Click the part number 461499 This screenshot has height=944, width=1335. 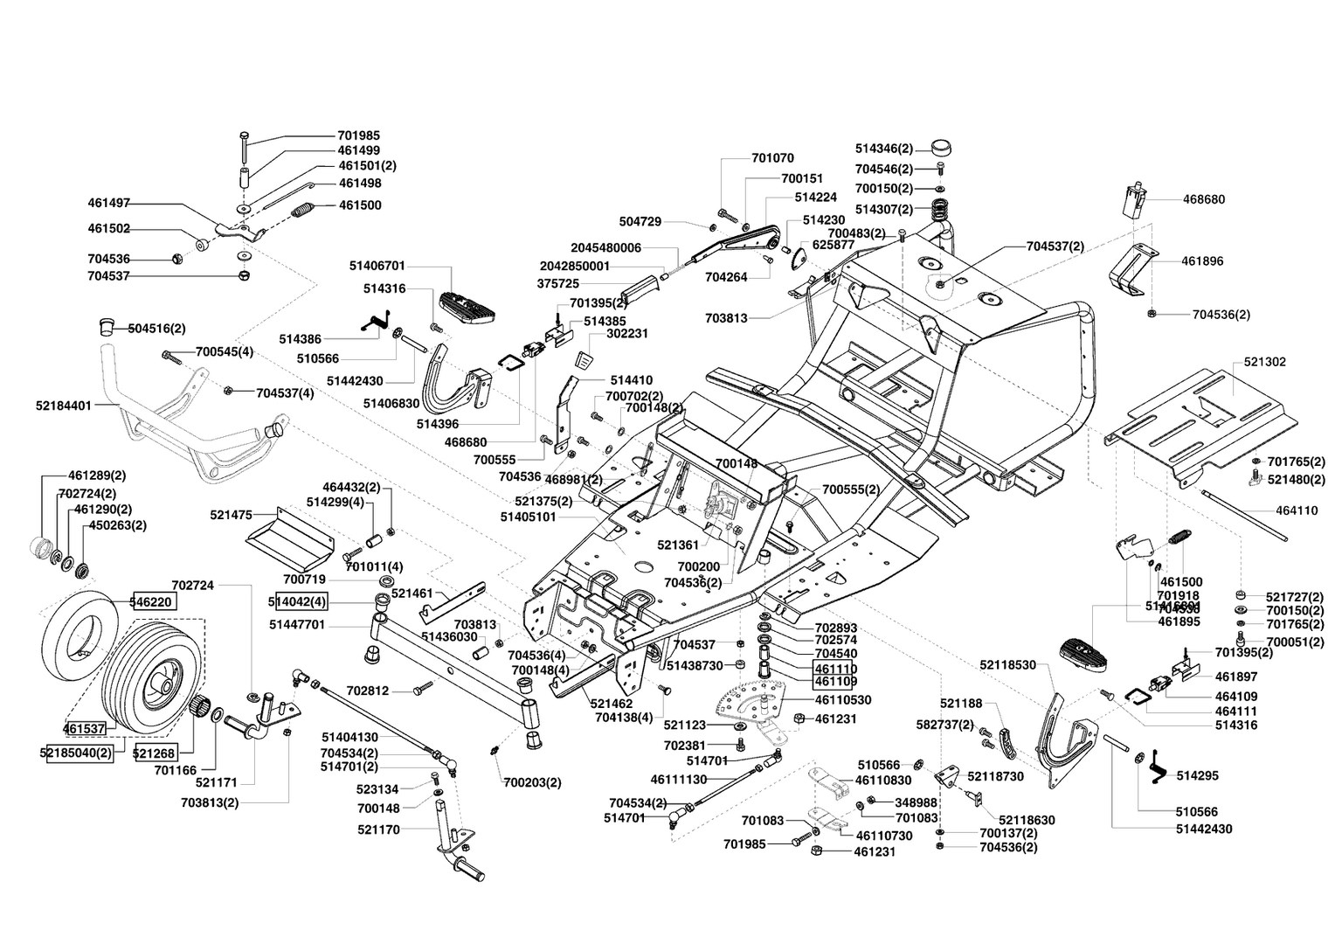point(358,150)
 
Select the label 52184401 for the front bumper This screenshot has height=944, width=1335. point(63,406)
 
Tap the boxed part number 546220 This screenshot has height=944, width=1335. point(153,601)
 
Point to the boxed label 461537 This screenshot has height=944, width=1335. point(85,727)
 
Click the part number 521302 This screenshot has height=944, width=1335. point(1262,361)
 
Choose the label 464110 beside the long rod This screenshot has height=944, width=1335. point(1297,511)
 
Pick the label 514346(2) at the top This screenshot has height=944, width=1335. point(884,149)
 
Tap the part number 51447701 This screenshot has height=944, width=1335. point(297,625)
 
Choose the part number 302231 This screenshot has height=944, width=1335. point(626,333)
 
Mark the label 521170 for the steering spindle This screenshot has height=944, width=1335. point(378,829)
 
